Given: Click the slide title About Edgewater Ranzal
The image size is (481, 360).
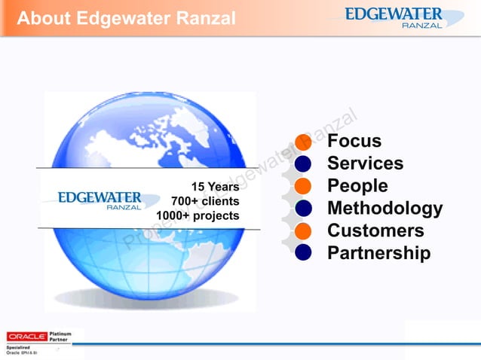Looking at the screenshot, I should point(126,18).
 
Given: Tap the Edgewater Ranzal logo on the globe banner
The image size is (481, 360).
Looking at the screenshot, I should point(99,200).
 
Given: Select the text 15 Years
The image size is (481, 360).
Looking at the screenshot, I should point(215,187).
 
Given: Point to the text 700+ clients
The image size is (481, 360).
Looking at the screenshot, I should point(205,201).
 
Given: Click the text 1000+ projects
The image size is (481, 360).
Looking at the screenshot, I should point(198,215).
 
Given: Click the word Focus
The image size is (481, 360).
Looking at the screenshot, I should point(354,142).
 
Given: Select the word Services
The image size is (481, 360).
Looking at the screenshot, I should point(365,163).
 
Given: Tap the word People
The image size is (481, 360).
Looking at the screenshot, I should point(357,186).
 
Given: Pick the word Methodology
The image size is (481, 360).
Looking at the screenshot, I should point(384,208).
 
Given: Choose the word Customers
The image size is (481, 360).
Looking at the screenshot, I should point(375,230).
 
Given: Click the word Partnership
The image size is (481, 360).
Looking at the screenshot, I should point(378,253).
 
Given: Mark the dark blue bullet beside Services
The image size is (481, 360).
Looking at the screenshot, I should point(303,163).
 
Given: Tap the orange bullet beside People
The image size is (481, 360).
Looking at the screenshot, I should point(303,186).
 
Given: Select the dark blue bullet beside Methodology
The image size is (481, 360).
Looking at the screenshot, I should point(303,208).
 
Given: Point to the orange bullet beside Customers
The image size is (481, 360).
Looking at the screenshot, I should point(303,230).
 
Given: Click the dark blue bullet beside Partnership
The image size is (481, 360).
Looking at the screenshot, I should point(303,253).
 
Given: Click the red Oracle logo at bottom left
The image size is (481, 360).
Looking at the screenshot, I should point(26,336).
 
